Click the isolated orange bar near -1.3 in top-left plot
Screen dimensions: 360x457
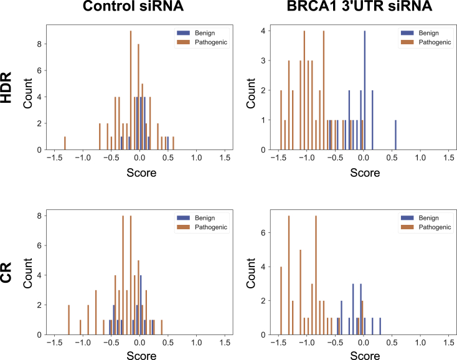tap(65, 143)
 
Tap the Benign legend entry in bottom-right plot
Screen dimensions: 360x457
tap(424, 218)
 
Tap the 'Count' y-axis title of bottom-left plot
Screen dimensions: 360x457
tap(28, 273)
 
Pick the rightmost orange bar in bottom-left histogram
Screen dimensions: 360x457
tap(162, 328)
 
